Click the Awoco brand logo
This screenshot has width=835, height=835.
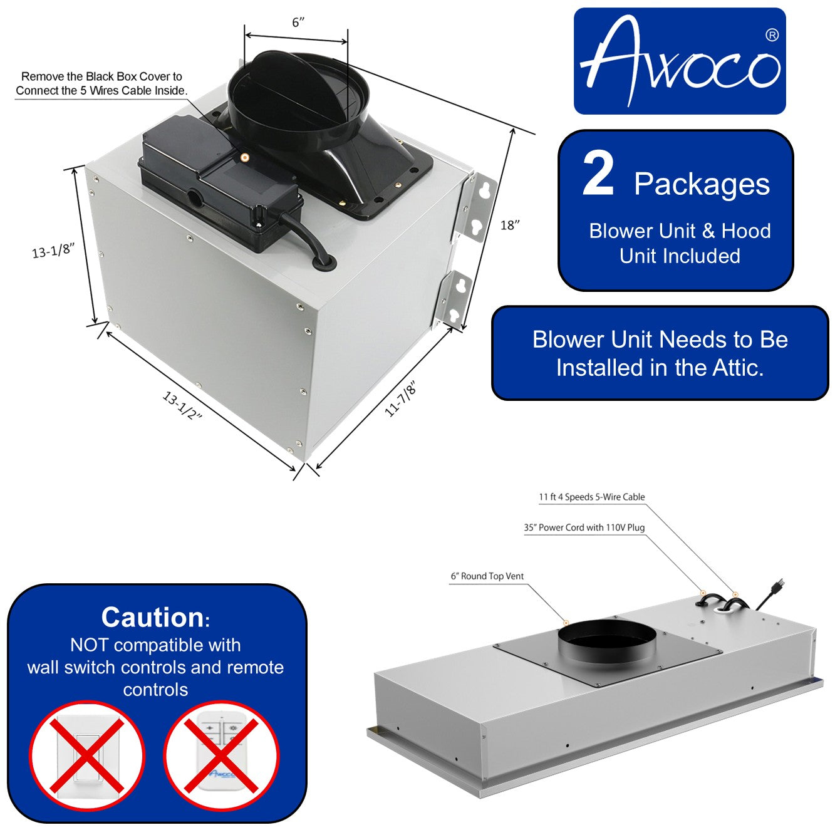click(680, 61)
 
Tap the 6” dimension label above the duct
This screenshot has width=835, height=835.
click(298, 23)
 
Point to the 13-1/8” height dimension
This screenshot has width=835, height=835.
click(53, 251)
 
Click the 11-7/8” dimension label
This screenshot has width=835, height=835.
click(400, 400)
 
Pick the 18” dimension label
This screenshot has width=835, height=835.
click(510, 225)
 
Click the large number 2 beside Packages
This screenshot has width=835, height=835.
click(598, 175)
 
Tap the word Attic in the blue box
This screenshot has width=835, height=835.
click(736, 368)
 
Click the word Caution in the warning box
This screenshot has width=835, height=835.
click(152, 618)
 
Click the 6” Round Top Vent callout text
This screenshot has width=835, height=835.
click(487, 576)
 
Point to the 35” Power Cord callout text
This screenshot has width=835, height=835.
click(584, 527)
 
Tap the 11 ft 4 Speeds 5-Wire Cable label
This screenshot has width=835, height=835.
click(591, 497)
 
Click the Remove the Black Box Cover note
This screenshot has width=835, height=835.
click(101, 83)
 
